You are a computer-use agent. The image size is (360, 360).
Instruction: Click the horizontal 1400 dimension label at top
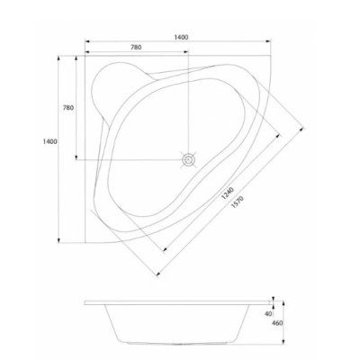(x=181, y=37)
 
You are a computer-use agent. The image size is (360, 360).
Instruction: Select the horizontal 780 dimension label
(x=136, y=47)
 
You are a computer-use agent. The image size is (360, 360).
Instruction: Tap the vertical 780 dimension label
(x=68, y=108)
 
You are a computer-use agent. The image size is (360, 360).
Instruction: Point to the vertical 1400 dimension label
(x=50, y=141)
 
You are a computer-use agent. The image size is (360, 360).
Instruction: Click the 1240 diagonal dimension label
(x=227, y=193)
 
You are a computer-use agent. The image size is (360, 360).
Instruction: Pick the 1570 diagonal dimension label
(x=238, y=202)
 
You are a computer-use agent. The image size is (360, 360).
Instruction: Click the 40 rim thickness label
(x=268, y=314)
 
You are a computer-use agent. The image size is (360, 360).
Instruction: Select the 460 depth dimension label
(x=277, y=323)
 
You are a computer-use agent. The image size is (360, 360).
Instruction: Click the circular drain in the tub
(x=188, y=159)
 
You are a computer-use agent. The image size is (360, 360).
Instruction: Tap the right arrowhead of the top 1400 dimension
(x=268, y=41)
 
